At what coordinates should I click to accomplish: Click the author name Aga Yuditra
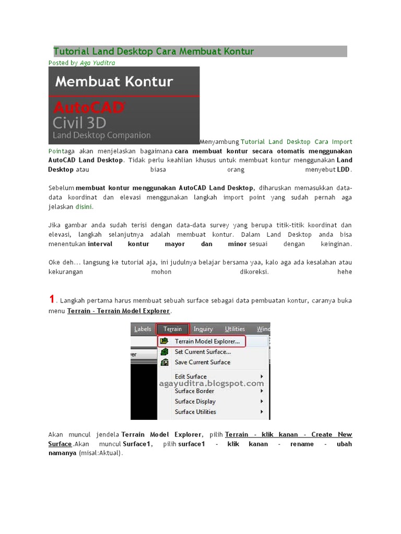click(97, 63)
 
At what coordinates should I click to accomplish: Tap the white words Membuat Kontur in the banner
click(114, 81)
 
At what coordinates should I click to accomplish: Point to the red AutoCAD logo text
click(89, 108)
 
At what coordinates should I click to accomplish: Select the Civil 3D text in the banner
click(80, 123)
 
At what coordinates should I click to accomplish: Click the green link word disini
click(84, 207)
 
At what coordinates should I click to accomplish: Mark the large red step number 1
click(52, 299)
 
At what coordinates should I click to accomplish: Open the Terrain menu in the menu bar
click(172, 329)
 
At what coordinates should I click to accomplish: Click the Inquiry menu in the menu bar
click(203, 329)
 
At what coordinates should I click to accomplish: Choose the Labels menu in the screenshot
click(143, 329)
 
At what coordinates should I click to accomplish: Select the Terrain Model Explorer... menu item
click(207, 342)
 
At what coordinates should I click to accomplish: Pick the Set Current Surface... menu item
click(203, 352)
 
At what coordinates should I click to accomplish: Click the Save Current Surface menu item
click(202, 362)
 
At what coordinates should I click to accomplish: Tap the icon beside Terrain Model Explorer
click(165, 342)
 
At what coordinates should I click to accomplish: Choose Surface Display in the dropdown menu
click(195, 402)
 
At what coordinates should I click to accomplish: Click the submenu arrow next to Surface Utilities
click(262, 412)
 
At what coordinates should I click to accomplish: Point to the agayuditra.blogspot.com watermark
click(212, 383)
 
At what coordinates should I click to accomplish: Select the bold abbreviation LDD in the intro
click(344, 169)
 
